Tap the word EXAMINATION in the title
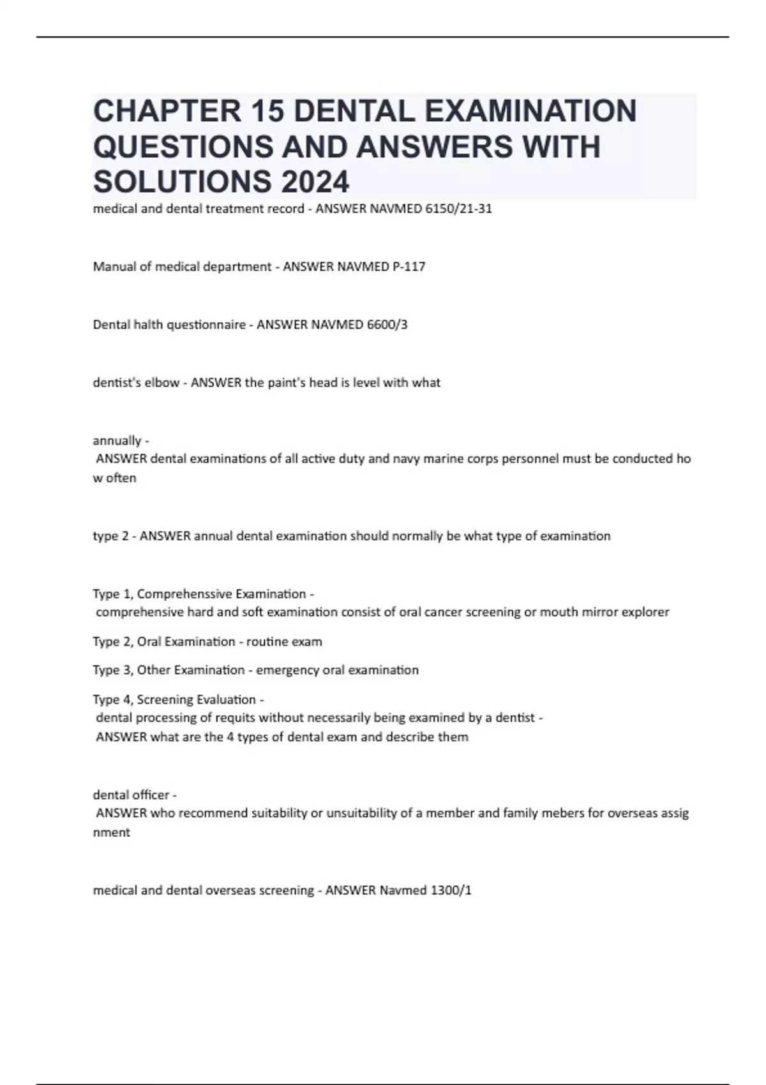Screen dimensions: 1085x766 coord(530,110)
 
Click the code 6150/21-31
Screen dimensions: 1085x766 coord(458,209)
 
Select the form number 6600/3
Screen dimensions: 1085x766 coord(387,325)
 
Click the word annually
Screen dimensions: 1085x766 coord(117,441)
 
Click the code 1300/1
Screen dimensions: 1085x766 coord(451,890)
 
